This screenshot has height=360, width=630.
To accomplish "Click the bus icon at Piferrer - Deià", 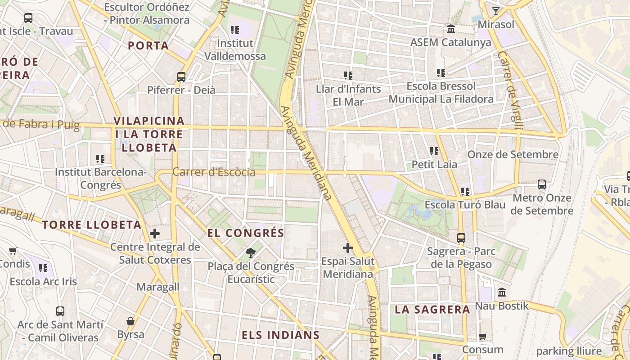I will click(x=181, y=77).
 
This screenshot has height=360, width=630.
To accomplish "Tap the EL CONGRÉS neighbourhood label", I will click(x=246, y=233).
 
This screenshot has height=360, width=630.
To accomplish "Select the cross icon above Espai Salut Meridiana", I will click(x=348, y=248).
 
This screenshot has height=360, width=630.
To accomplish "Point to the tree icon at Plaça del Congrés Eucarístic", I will click(x=251, y=253).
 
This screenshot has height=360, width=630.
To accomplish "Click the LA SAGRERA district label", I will click(x=432, y=310).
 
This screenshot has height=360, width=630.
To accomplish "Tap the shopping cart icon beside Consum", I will click(x=483, y=336).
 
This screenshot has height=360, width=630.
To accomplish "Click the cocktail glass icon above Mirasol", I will click(x=496, y=11).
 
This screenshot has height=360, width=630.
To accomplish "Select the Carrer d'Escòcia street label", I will click(x=214, y=172).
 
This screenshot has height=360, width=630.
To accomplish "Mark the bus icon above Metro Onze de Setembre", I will click(x=542, y=184).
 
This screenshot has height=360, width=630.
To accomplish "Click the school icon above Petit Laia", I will click(x=434, y=151).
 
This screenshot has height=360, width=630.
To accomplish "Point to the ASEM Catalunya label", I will click(x=450, y=42).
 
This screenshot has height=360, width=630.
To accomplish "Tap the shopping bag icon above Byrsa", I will click(x=130, y=321).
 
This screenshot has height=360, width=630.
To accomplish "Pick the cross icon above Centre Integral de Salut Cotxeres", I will click(x=155, y=234).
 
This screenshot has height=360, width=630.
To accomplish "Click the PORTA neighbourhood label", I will click(x=148, y=45).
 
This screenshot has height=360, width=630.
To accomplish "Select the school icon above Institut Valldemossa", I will click(x=235, y=30).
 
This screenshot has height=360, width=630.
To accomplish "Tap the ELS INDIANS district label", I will click(x=281, y=335).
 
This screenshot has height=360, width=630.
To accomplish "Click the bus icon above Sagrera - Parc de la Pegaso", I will click(x=461, y=238).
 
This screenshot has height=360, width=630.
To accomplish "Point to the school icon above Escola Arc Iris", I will click(x=43, y=269).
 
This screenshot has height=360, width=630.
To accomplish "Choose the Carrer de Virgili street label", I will click(x=509, y=90).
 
